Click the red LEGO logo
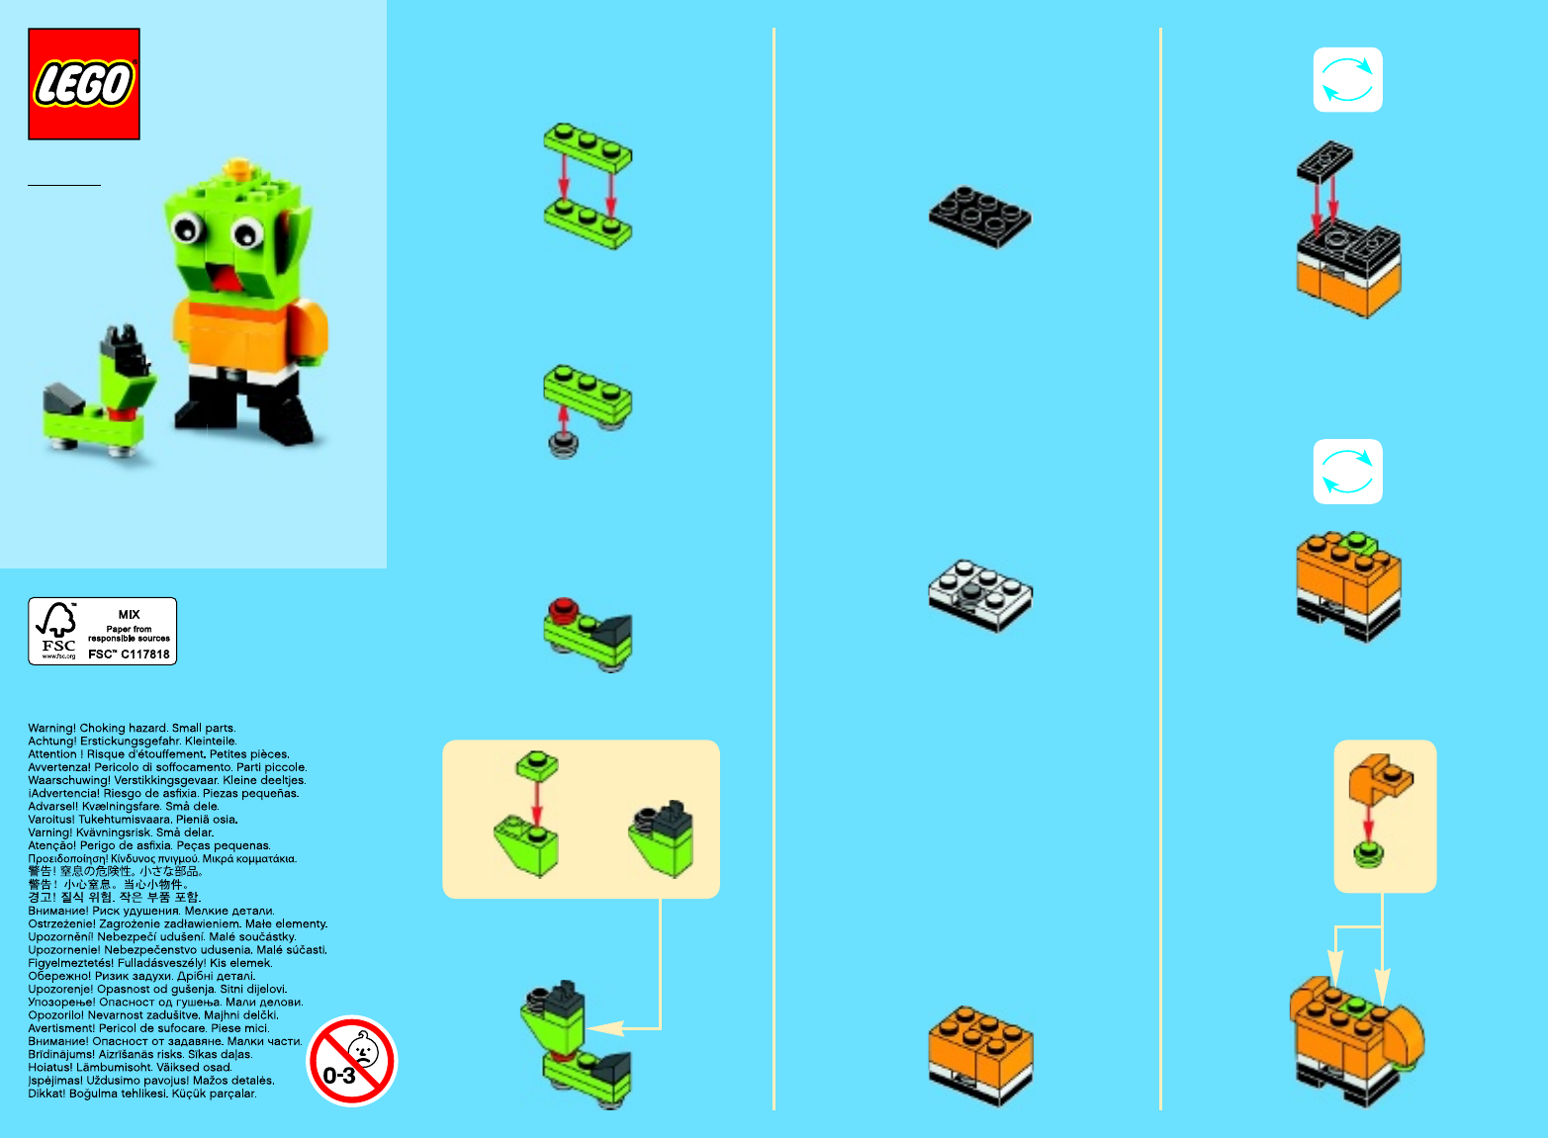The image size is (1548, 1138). coord(84,84)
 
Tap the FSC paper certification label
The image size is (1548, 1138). coord(102,631)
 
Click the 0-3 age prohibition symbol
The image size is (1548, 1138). coord(352,1061)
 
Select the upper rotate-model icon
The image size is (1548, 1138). coord(1347,79)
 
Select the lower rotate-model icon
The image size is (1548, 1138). coord(1347,472)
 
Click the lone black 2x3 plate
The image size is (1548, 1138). coord(980,217)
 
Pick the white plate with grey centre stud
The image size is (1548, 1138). coord(980,595)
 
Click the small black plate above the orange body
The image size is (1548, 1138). coord(1324,162)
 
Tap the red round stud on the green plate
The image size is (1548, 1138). coord(563,609)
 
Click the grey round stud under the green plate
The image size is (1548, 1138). coord(563,444)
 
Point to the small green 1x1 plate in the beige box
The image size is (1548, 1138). coord(537,765)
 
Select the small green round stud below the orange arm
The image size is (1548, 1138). coord(1368,854)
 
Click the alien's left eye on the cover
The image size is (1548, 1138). coord(187,228)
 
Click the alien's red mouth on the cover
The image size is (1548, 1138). coord(226,278)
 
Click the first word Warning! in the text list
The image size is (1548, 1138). coord(51,728)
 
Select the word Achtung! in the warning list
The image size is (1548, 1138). coord(51,741)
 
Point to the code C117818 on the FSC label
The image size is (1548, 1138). coord(145,654)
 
